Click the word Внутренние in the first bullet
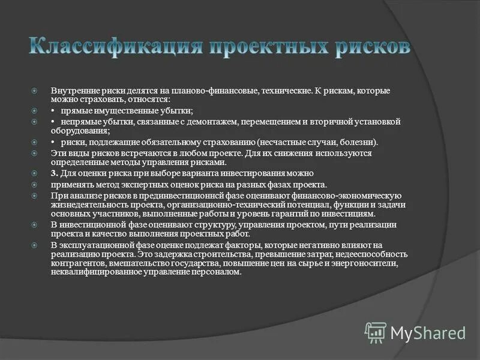72,91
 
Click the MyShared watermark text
428,332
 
